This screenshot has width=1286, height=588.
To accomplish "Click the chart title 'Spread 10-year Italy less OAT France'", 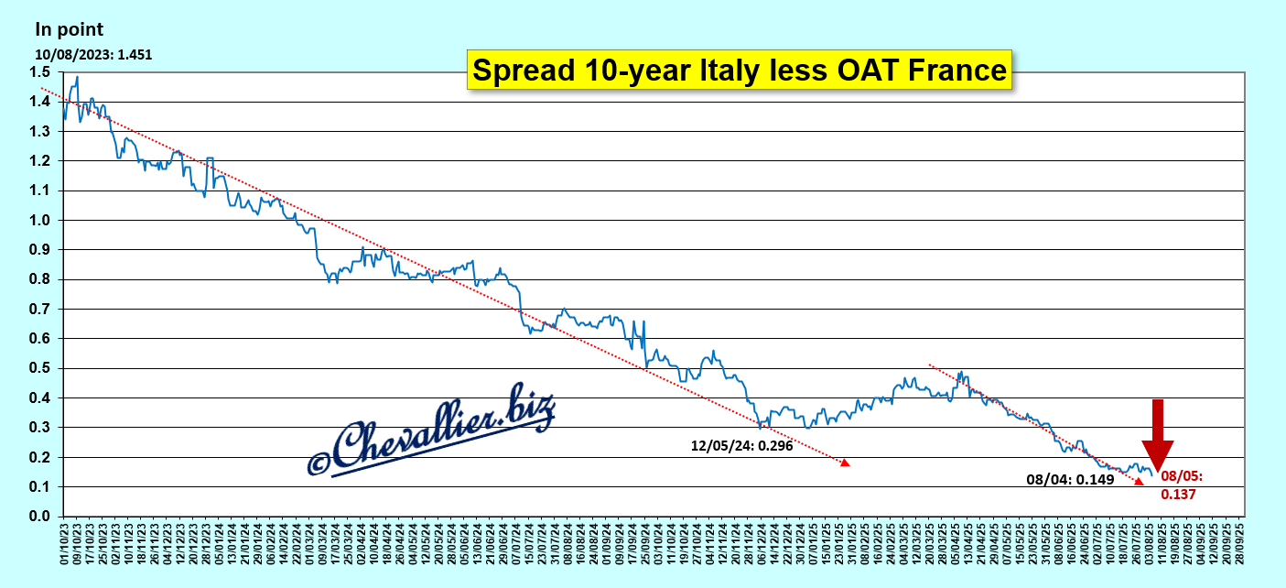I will coord(740,71).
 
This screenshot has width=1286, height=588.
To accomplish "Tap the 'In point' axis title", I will coord(70,29).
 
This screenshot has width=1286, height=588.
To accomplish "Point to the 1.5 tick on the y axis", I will coord(38,72).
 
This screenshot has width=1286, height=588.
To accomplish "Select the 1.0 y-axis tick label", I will coord(38,221).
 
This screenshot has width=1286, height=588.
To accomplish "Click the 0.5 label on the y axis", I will coord(38,368).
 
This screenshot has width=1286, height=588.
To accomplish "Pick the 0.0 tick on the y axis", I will coord(38,517).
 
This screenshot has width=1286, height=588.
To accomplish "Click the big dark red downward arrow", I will coord(1158,435).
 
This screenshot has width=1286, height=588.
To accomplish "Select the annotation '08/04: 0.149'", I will coord(1070,478).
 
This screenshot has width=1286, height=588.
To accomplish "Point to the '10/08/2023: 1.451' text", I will coord(93,54).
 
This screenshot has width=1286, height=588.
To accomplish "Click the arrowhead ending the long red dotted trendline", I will coord(846,463).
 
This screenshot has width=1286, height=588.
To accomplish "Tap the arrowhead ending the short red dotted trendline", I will coord(1140,482).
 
